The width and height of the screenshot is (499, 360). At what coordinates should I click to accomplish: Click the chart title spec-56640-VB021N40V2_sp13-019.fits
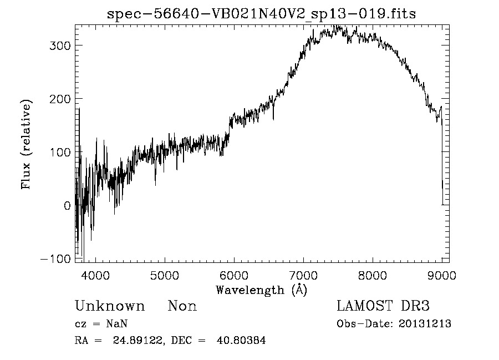coord(261,14)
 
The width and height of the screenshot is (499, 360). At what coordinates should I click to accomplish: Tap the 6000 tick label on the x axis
coord(234,275)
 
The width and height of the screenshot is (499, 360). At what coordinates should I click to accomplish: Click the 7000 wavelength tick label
coord(303,275)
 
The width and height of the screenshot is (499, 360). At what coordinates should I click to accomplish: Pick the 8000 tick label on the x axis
coord(373,275)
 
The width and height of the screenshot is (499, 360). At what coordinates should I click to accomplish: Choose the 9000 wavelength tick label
coord(441,275)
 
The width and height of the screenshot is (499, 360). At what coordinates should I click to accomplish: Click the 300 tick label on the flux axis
coord(59,45)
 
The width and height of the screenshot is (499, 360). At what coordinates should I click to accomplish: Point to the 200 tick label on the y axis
coord(59,99)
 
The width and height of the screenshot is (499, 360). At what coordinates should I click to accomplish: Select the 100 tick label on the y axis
coord(59,152)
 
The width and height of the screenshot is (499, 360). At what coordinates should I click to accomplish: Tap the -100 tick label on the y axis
coord(55,259)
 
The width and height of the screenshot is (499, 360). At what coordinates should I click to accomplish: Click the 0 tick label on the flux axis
coord(67,206)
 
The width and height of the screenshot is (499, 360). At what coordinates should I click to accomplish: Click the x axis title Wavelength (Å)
coord(261,290)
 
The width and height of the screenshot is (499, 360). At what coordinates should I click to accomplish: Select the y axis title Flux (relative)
coord(26,144)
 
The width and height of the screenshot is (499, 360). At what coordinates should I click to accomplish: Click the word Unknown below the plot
coord(110,306)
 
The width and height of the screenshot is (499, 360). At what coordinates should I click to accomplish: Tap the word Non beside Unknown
coord(182,306)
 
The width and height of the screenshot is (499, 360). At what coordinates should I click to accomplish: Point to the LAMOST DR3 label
coord(383,306)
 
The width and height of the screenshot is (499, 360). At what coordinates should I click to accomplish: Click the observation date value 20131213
coord(425,324)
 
